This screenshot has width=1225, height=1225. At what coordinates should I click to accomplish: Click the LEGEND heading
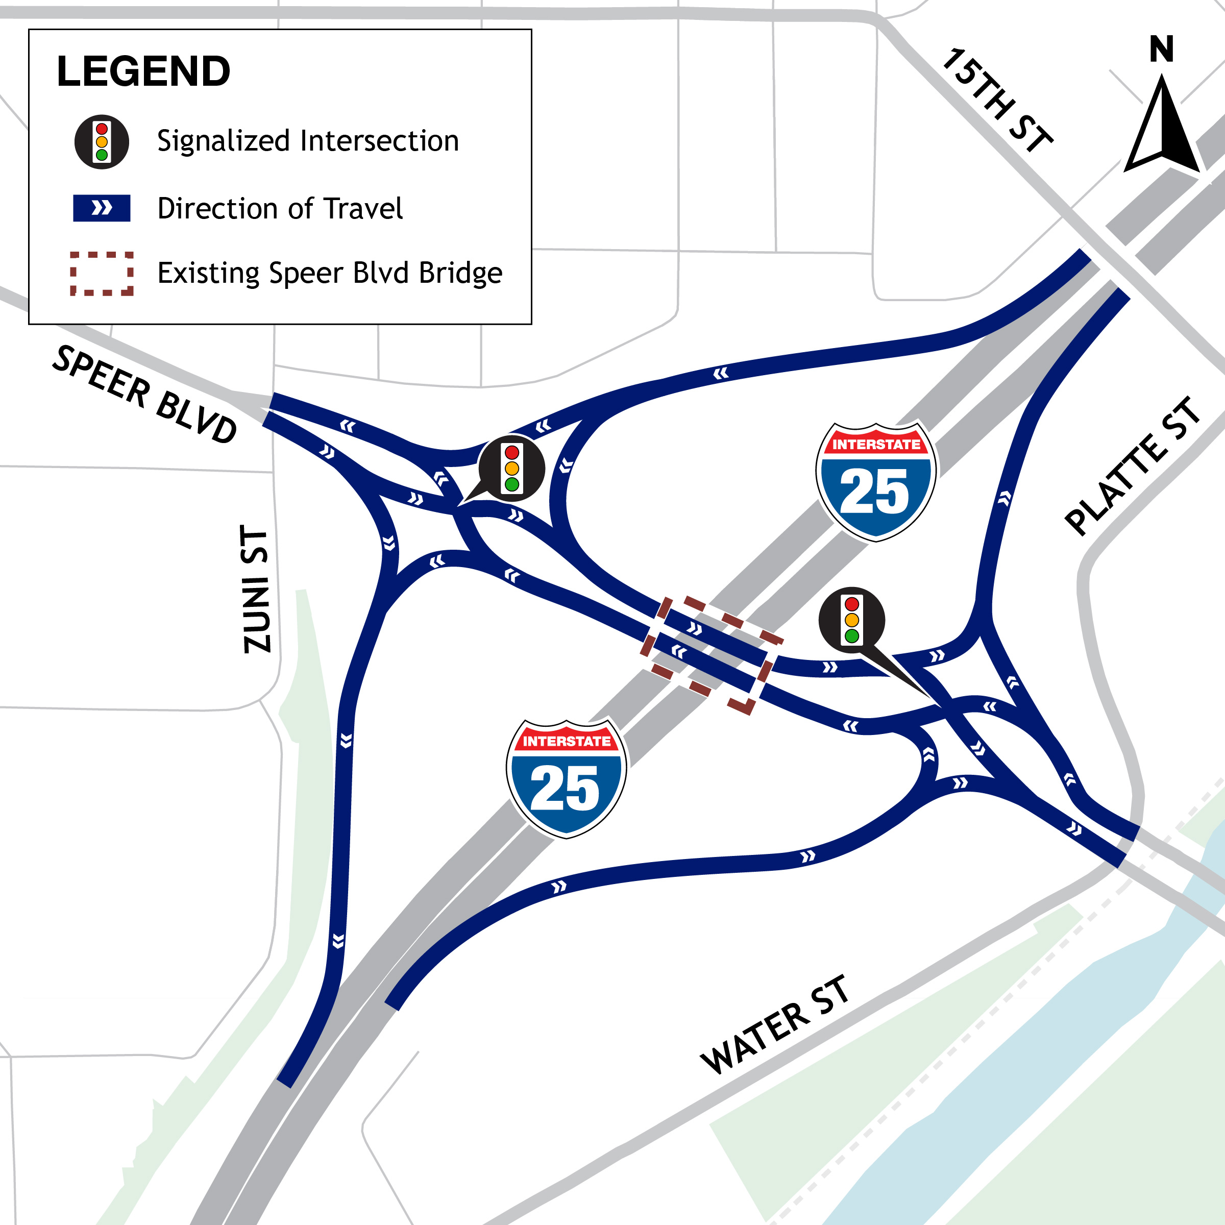tap(143, 71)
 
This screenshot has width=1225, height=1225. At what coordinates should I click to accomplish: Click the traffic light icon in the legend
tap(102, 141)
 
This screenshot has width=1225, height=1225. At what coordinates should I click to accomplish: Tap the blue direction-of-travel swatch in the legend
tap(102, 208)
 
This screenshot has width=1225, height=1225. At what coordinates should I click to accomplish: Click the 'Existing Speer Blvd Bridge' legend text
tap(330, 273)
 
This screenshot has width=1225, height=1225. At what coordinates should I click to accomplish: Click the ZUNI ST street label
tap(257, 589)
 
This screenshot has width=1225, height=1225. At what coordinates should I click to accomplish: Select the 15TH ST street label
tap(997, 100)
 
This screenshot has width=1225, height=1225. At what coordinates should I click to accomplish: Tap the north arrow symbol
tap(1162, 127)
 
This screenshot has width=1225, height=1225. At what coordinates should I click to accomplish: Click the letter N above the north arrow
tap(1162, 49)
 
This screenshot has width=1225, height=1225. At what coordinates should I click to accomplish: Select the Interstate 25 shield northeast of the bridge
tap(876, 482)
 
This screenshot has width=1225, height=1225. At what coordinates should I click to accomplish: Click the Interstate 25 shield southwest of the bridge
tap(566, 778)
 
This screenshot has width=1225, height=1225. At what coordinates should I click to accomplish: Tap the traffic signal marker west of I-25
tap(511, 469)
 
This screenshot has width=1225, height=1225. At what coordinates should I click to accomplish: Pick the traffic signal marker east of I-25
tap(851, 620)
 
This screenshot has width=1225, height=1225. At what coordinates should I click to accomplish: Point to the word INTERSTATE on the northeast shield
tap(876, 445)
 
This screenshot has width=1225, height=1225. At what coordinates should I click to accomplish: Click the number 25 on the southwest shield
tap(565, 788)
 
